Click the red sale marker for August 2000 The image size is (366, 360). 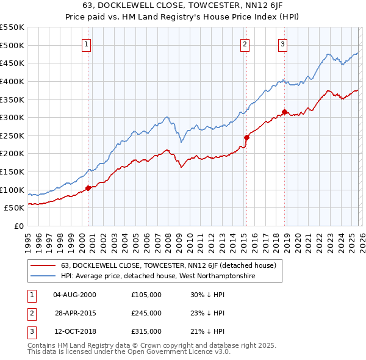click(x=88, y=188)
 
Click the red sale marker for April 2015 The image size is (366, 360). click(x=246, y=137)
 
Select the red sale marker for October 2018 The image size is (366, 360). click(x=284, y=112)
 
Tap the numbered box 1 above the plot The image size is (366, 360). click(x=87, y=43)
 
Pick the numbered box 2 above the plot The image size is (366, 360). click(x=245, y=43)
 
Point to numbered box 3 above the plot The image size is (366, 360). click(x=283, y=43)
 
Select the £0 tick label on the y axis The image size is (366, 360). click(x=20, y=226)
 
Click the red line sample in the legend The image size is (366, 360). click(x=43, y=265)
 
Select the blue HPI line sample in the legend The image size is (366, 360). click(x=43, y=276)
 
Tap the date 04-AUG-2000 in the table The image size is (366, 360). click(x=74, y=295)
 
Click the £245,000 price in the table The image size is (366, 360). click(x=146, y=313)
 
